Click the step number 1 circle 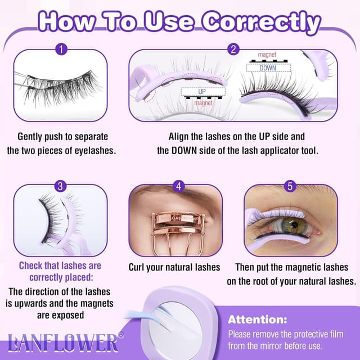[x=60, y=49]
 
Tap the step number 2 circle [x=233, y=49]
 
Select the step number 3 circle [x=60, y=186]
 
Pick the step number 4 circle [x=178, y=186]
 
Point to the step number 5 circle [x=290, y=186]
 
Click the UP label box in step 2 [x=202, y=91]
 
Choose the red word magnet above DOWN [x=267, y=55]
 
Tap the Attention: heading [x=257, y=319]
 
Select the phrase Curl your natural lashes [x=174, y=267]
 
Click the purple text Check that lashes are [x=60, y=265]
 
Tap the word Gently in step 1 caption [x=32, y=137]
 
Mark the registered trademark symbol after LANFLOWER [x=120, y=335]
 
